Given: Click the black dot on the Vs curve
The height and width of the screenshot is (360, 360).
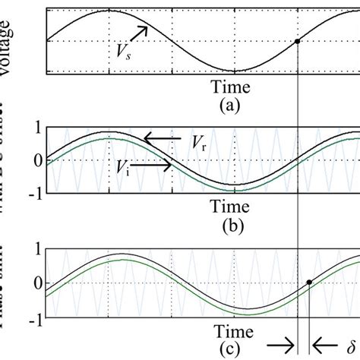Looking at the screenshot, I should click(297, 41).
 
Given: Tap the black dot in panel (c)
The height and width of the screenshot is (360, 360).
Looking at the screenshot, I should click(309, 282).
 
